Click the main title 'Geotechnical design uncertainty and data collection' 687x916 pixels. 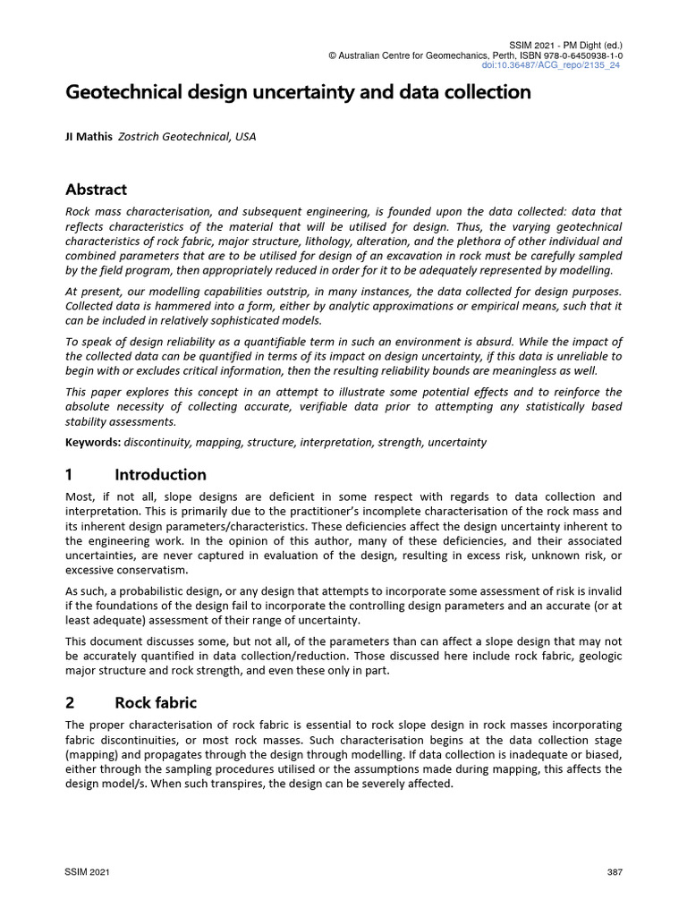[298, 92]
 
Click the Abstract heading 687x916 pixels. [97, 190]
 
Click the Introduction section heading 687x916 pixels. [160, 475]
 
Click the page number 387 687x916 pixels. [614, 871]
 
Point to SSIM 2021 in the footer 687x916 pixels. [86, 871]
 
